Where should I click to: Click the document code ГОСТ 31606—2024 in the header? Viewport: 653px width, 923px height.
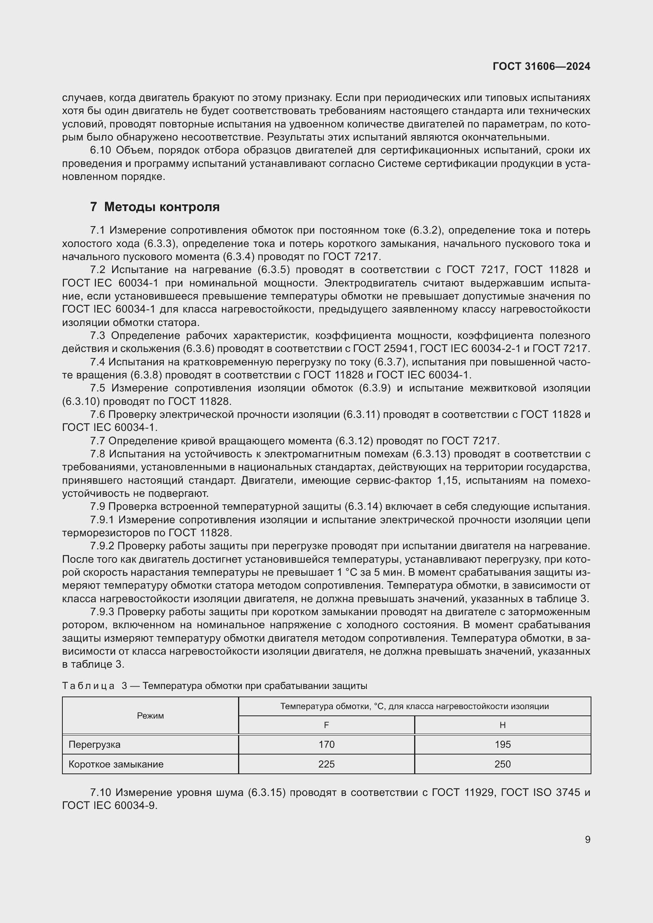[x=541, y=66]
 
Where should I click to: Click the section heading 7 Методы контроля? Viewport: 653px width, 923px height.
[x=155, y=207]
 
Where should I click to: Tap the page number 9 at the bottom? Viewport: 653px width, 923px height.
[x=587, y=840]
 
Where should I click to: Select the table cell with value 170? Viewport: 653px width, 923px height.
[x=326, y=745]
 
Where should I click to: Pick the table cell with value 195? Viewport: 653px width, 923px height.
[x=502, y=745]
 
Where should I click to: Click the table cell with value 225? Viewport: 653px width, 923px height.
[x=326, y=764]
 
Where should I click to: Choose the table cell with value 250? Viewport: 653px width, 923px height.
[x=502, y=764]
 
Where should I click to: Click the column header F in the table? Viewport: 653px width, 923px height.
[x=326, y=725]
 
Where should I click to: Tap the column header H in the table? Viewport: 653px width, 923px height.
[x=502, y=725]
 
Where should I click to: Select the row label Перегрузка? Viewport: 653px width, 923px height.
[x=94, y=745]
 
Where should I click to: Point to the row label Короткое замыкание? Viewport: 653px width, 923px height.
[x=116, y=764]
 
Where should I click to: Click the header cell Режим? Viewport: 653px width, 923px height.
[x=150, y=715]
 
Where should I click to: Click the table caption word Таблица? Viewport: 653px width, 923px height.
[x=88, y=686]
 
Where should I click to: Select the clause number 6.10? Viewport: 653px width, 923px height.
[x=100, y=150]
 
